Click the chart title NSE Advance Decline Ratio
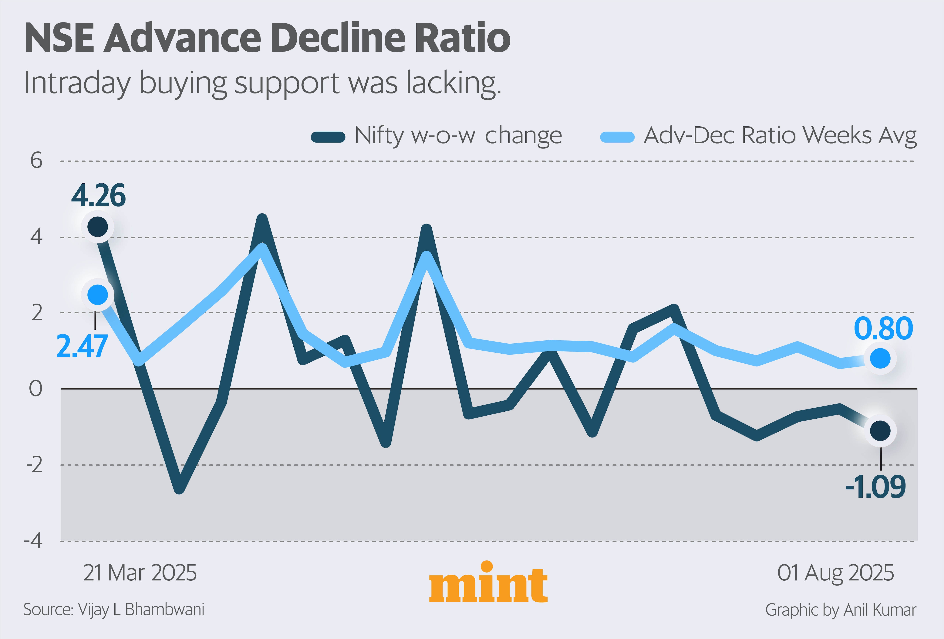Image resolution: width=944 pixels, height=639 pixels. (x=267, y=39)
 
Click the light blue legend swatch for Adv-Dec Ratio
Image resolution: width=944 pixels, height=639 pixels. (x=617, y=137)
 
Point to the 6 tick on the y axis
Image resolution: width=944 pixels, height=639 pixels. (x=36, y=161)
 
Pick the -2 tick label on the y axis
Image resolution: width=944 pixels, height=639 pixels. (x=34, y=465)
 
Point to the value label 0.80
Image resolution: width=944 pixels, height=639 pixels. (x=883, y=329)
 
